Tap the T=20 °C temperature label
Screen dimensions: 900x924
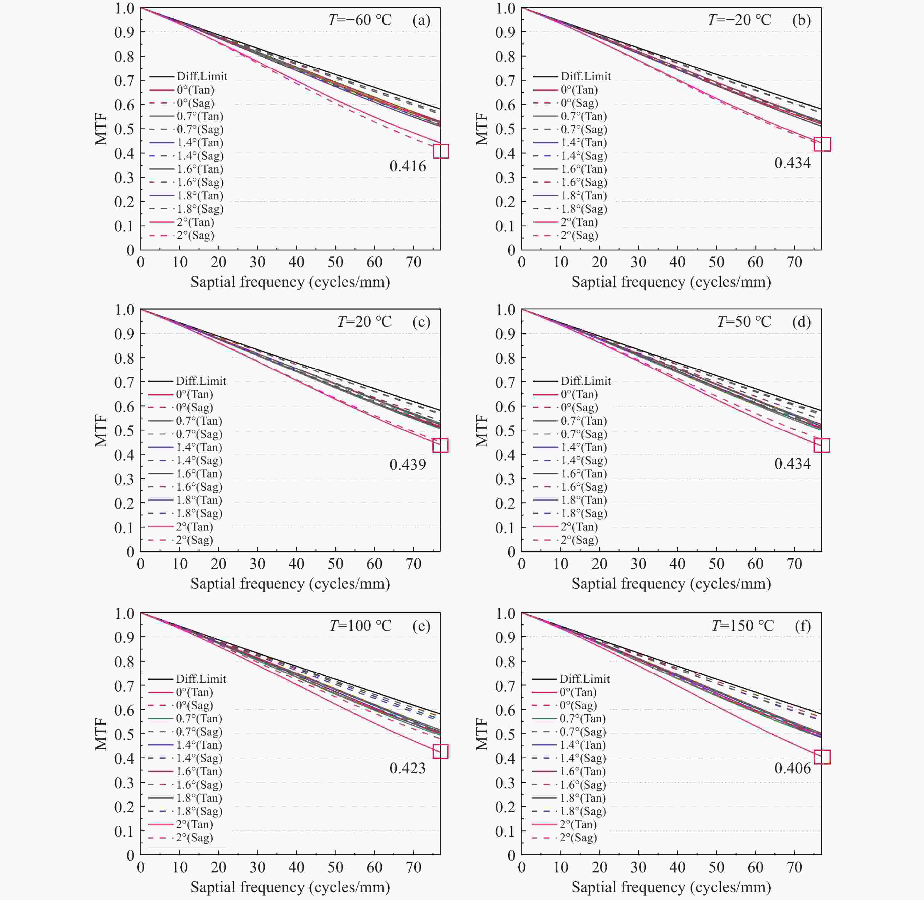(364, 322)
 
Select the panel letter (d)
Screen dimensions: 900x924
(801, 322)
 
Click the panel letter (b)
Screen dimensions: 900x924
(801, 20)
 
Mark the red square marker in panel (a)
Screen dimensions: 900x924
(441, 151)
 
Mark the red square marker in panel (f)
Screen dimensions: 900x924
(822, 757)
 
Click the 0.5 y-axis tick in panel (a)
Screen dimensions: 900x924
(124, 129)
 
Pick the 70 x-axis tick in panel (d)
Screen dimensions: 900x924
(794, 564)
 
